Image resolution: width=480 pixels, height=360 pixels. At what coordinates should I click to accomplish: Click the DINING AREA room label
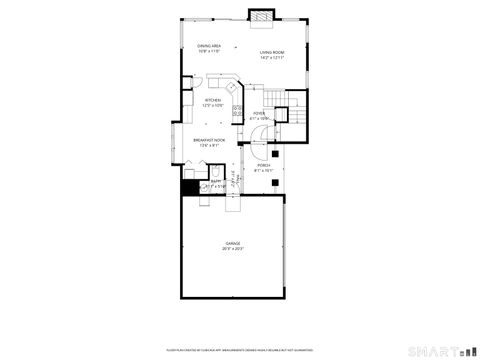coord(209,46)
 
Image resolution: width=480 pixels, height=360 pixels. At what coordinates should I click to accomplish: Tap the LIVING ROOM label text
coord(272,52)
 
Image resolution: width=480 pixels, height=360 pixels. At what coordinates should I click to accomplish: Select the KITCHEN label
coord(214,100)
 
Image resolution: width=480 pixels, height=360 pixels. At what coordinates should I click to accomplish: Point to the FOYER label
coord(259,114)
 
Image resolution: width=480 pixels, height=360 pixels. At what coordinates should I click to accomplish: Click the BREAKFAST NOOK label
coord(209,140)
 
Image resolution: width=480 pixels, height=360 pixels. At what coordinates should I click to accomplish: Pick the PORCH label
coord(264,165)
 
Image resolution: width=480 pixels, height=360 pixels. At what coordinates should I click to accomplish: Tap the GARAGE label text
coord(233,244)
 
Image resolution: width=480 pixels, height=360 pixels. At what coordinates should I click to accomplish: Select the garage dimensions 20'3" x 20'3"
coord(233,249)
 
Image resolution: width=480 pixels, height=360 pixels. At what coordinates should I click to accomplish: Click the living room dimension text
coord(272,57)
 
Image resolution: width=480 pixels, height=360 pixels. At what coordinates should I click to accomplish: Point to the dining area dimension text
coord(209,51)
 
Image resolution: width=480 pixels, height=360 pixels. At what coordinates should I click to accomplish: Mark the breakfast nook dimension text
coord(209,145)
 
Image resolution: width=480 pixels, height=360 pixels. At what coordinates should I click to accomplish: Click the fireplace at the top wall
coord(260,17)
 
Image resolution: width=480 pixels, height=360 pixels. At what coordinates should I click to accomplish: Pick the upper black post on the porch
coord(282,140)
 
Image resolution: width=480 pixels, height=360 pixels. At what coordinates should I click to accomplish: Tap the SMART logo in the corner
coord(440,352)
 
